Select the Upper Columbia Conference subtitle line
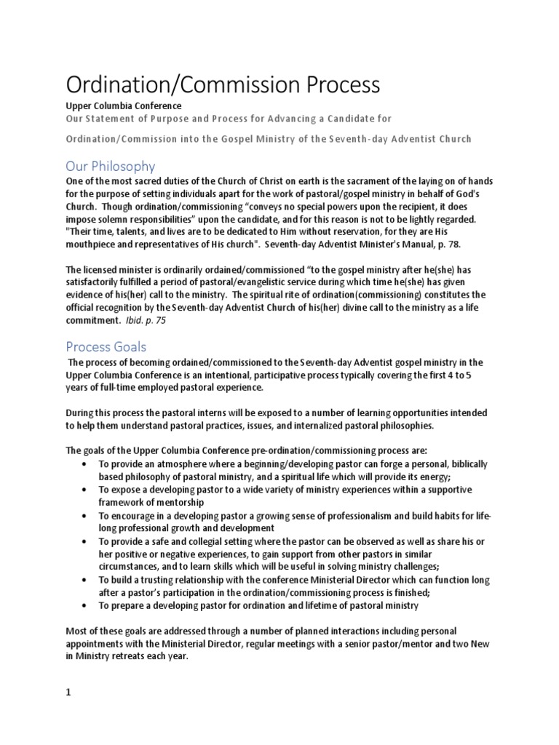(123, 106)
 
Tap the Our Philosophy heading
(110, 166)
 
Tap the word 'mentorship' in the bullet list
(177, 502)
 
